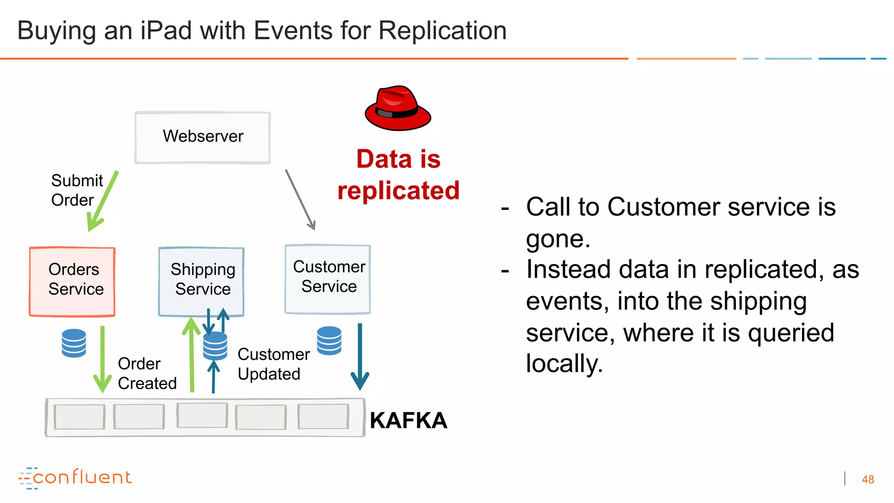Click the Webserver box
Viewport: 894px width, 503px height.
point(203,138)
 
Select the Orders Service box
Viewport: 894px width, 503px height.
point(72,282)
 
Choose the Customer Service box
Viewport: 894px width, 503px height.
point(328,279)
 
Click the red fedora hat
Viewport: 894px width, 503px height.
point(398,109)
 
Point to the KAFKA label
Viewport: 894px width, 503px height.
point(408,420)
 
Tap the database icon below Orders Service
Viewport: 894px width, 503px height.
point(74,343)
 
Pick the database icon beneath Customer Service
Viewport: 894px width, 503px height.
point(329,341)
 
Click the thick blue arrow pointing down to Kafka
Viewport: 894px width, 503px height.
point(360,356)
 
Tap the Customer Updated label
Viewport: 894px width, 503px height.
point(273,364)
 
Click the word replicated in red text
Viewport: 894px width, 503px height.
point(398,191)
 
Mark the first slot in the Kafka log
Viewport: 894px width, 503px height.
point(79,417)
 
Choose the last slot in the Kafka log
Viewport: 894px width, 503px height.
point(323,417)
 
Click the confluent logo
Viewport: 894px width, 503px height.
point(75,478)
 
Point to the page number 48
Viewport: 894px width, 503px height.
point(867,479)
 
